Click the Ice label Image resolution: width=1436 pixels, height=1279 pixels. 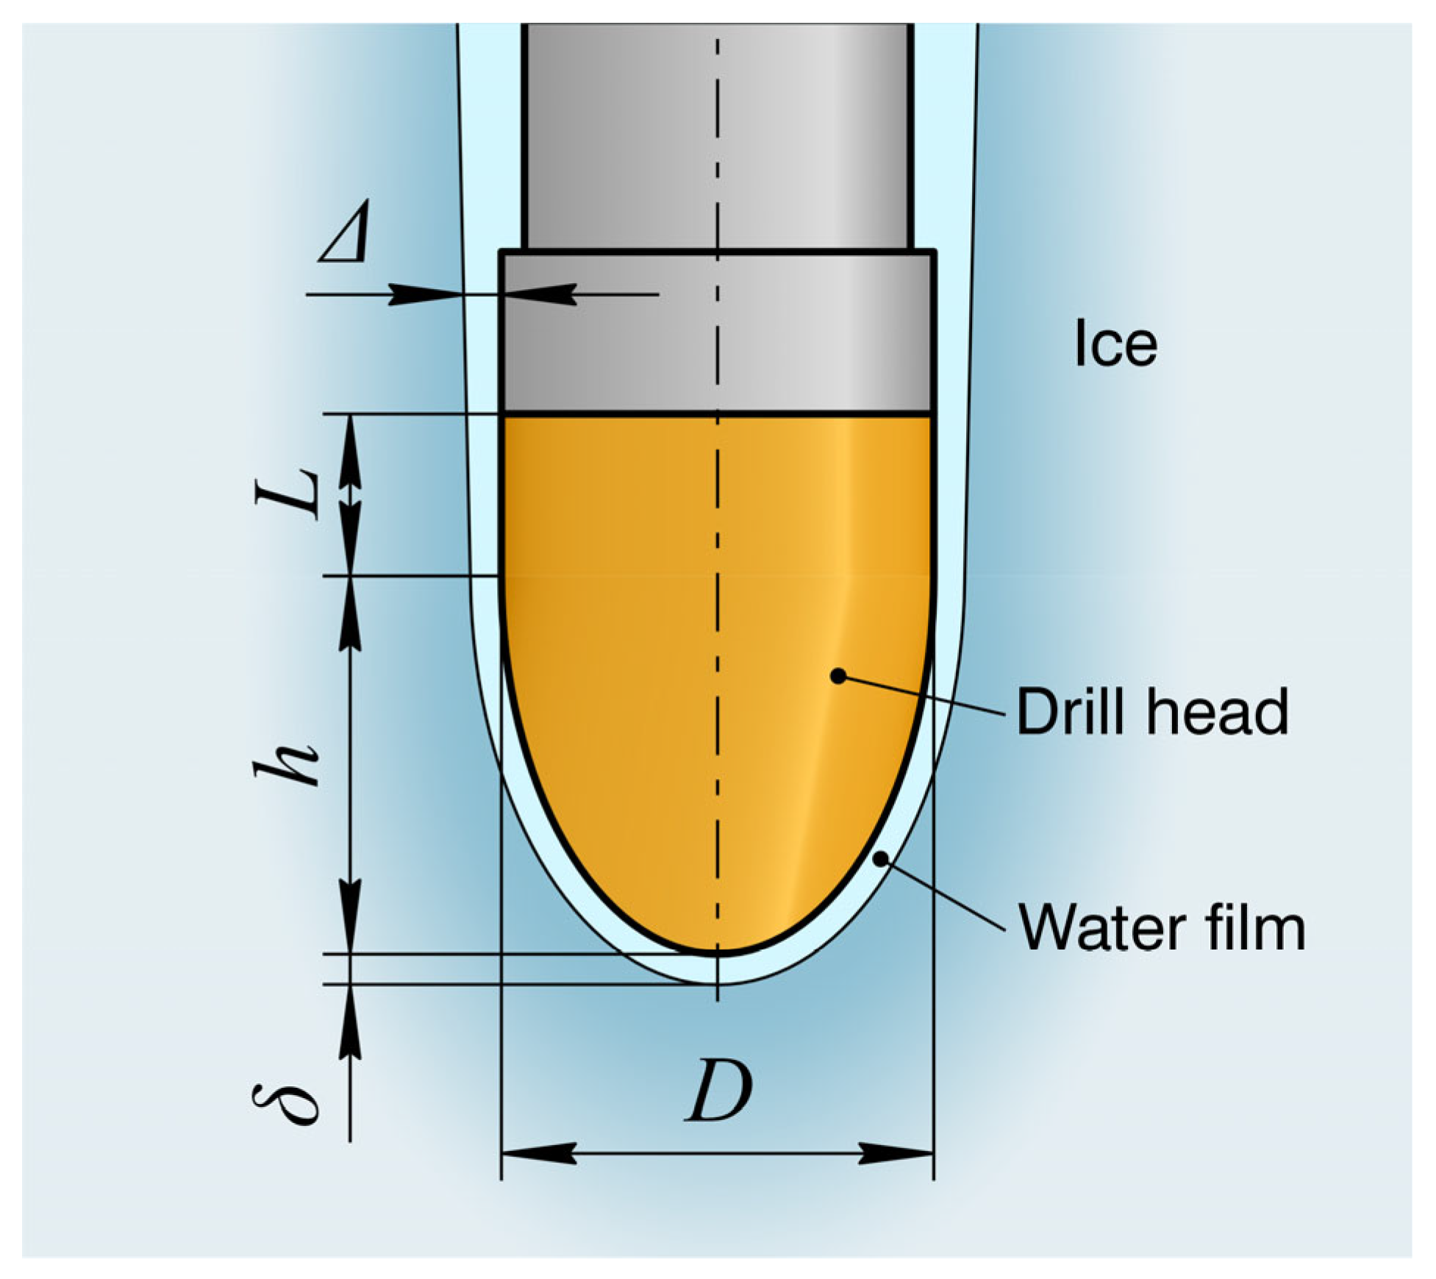1115,343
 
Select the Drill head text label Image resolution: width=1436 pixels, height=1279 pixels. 1152,711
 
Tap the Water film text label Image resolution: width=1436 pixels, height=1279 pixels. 1162,928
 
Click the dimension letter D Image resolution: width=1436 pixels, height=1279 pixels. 718,1091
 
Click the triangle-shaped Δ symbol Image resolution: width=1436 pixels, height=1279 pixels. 344,235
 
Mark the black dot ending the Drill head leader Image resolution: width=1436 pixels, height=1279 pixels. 837,675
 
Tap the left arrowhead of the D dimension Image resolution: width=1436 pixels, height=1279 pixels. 537,1154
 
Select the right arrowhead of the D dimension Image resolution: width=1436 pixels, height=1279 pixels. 897,1154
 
